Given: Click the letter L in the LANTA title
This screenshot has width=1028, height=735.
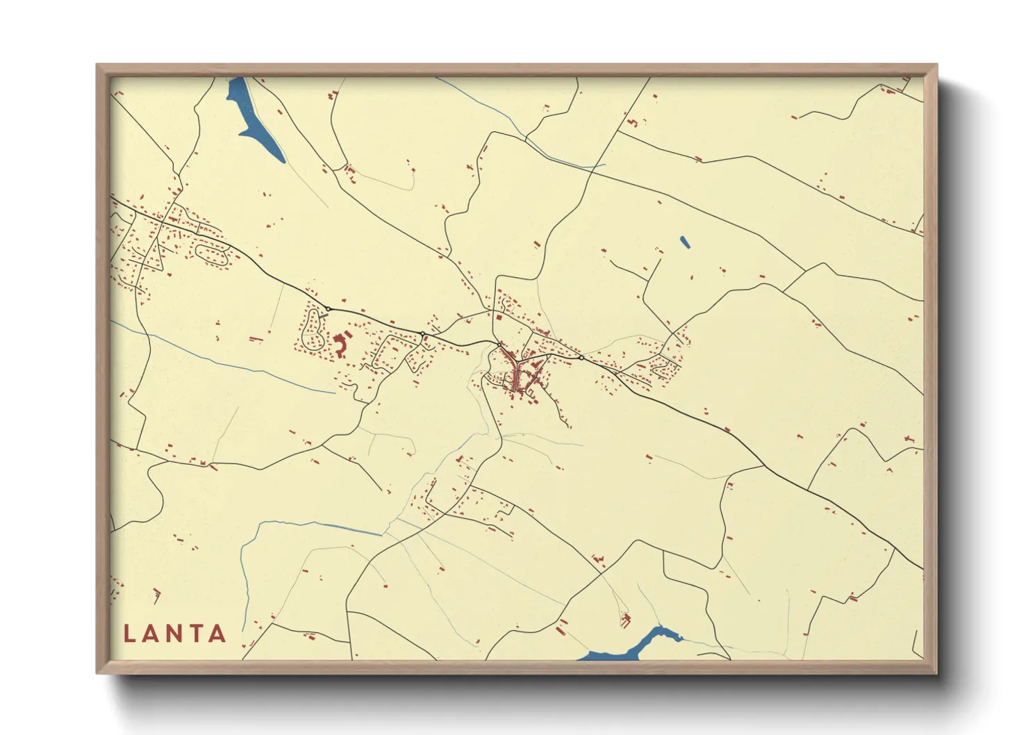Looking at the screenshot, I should click(x=129, y=634).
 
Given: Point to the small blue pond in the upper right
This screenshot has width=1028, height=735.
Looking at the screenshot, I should click(x=685, y=242).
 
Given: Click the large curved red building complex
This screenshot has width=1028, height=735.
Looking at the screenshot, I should click(x=340, y=344).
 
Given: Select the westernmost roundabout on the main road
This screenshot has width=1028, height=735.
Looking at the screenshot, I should click(x=328, y=308).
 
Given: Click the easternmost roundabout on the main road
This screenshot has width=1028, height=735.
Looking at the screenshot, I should click(x=581, y=358).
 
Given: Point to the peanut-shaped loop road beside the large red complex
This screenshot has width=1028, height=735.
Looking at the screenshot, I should click(x=313, y=329).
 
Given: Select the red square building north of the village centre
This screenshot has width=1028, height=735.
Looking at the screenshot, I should click(x=498, y=317).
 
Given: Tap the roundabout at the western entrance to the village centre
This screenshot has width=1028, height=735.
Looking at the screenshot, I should click(x=499, y=344).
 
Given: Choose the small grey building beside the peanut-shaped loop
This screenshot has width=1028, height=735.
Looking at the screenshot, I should click(x=324, y=317).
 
